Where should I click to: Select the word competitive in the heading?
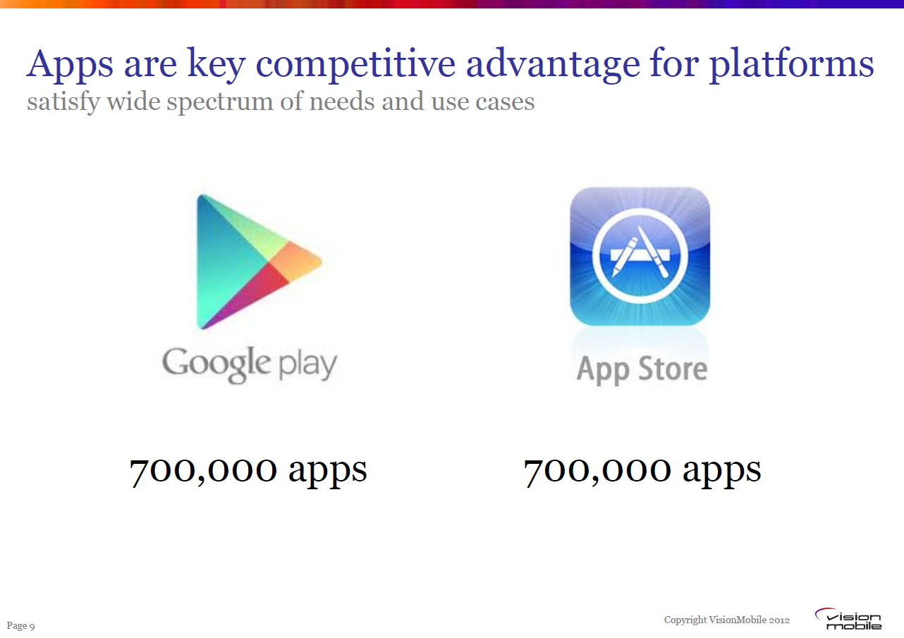tap(355, 65)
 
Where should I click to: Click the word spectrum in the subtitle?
tap(219, 102)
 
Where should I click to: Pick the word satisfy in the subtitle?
tap(63, 102)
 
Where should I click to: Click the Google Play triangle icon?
tap(259, 262)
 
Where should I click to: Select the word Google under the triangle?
tap(216, 364)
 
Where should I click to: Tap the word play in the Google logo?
tap(307, 364)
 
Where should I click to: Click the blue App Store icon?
tap(640, 256)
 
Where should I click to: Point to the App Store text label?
tap(642, 369)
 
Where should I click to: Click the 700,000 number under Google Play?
tap(203, 471)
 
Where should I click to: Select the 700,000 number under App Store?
tap(597, 471)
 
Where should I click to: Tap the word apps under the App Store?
tap(721, 472)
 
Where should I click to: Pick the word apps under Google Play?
tap(328, 472)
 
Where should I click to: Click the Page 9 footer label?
tap(21, 626)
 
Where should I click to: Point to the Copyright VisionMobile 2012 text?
tap(726, 620)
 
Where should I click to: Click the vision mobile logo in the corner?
tap(849, 619)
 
